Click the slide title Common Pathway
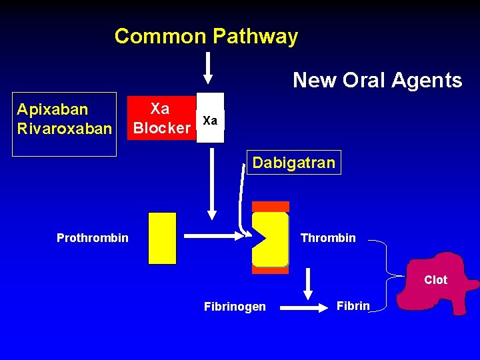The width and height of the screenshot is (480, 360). point(206,36)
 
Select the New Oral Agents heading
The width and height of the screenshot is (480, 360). point(377,81)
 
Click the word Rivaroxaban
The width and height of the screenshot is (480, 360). point(64,127)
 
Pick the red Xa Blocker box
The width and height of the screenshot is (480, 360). point(161,118)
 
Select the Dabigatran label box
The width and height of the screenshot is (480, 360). point(293,163)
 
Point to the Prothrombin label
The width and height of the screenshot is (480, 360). point(92,238)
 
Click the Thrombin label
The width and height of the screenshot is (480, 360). point(328,238)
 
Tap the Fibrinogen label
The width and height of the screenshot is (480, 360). point(234,307)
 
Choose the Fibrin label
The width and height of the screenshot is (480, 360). point(353,306)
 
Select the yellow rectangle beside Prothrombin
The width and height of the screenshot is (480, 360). point(162,239)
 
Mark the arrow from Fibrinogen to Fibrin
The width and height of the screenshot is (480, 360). point(306,308)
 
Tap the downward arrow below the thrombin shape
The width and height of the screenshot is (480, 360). point(308,284)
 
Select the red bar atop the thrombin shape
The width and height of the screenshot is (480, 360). point(271,207)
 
